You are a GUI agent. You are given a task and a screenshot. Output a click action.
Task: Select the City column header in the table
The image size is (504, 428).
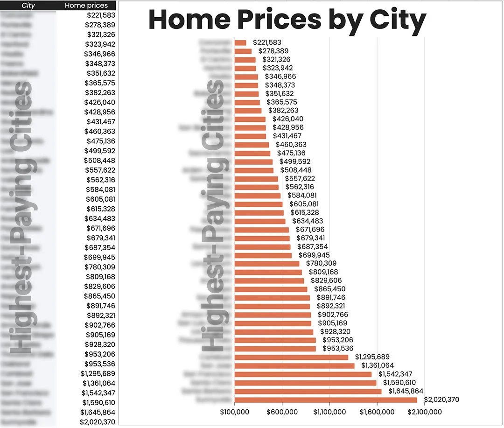click(28, 6)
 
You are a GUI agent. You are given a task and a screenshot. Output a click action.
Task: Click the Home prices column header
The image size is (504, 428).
click(86, 6)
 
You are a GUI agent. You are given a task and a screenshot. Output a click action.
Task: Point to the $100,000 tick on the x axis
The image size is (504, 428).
click(234, 412)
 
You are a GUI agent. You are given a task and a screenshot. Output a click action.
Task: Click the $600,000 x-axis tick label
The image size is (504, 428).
click(282, 412)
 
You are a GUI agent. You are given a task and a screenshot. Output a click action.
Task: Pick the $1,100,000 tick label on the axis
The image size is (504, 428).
click(329, 412)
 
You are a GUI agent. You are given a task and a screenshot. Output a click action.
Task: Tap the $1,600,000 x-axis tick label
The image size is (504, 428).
click(377, 412)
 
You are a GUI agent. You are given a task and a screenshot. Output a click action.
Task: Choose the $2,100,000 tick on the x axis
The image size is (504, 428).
click(425, 412)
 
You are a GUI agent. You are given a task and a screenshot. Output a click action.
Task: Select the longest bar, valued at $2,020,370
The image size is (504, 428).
click(326, 400)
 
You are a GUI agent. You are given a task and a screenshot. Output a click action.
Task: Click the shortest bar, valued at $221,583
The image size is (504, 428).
click(240, 42)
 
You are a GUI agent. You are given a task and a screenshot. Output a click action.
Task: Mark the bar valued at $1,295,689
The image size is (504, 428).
click(291, 357)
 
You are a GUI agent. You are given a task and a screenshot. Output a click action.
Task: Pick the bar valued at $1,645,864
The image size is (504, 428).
click(308, 391)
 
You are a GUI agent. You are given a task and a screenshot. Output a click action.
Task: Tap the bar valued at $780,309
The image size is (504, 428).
click(267, 264)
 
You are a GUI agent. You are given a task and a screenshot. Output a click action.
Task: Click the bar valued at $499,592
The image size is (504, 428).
click(253, 161)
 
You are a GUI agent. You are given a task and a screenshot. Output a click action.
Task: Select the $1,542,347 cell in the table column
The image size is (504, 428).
click(98, 393)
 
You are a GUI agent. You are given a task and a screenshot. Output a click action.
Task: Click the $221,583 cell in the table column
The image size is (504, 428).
click(100, 15)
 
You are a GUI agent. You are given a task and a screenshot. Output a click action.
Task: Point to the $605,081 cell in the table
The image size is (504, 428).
click(100, 199)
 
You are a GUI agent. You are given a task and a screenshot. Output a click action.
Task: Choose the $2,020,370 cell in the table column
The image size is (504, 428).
click(98, 421)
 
